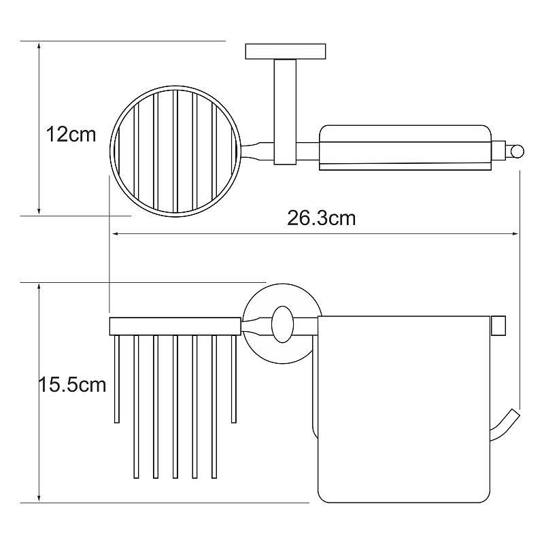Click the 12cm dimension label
pos(71,135)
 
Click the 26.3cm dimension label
pos(321,218)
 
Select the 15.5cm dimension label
pos(72,385)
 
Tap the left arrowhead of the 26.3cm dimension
pos(116,234)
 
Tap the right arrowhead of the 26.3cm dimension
pos(515,234)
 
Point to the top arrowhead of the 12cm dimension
pos(39,46)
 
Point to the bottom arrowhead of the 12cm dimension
pos(39,211)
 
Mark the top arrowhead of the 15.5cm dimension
pos(39,287)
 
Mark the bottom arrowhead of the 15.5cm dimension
pos(39,498)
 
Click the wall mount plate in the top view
pos(286,52)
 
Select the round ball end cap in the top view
pos(517,152)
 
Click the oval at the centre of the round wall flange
pos(282,324)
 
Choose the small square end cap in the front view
pos(498,326)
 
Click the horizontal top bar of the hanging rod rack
pos(175,326)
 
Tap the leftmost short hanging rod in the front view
pos(117,379)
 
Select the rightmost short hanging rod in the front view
pos(234,379)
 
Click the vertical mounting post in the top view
pos(285,112)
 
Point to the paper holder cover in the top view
pos(405,148)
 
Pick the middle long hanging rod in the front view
pos(175,407)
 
